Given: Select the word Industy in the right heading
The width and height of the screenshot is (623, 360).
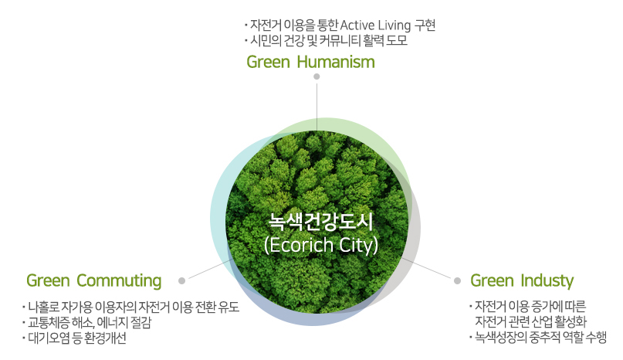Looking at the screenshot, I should click(547, 280).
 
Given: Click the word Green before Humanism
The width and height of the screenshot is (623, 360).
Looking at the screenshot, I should click(268, 62).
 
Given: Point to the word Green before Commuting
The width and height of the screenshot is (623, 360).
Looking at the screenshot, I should click(48, 280).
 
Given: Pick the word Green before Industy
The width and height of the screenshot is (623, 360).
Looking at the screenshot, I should click(492, 280).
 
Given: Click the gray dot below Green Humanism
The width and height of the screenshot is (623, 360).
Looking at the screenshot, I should click(317, 76).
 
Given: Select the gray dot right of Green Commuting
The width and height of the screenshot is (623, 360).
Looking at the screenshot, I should click(181, 280).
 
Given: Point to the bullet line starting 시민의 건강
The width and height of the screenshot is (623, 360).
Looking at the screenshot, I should click(328, 41).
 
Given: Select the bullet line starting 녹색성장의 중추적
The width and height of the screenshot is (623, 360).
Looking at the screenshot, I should click(540, 337).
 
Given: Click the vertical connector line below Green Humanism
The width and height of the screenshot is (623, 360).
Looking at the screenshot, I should click(317, 104).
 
